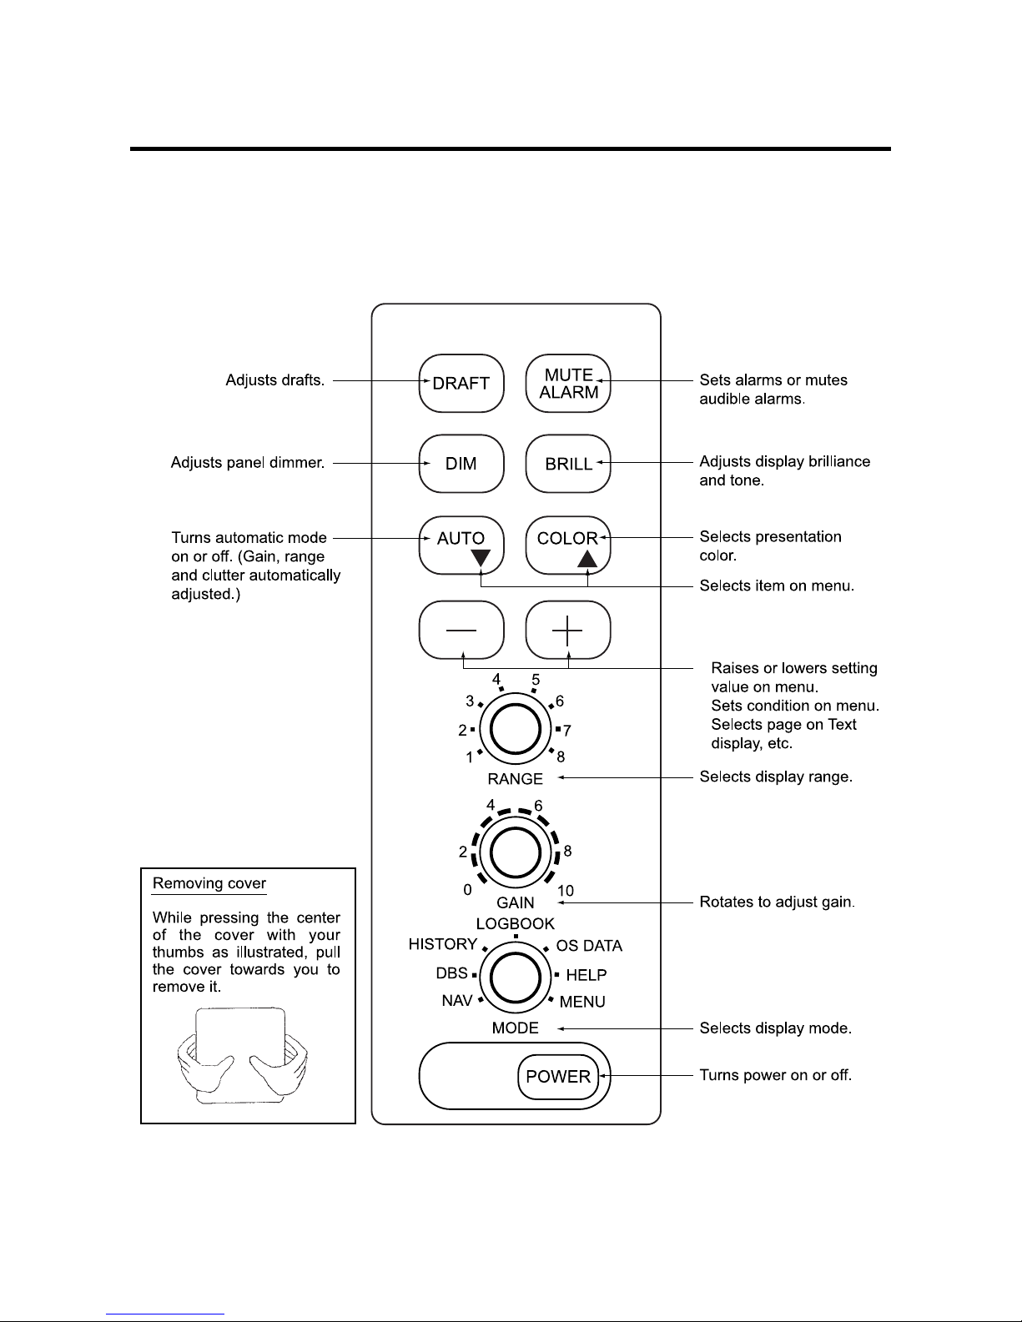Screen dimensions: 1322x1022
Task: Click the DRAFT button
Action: [461, 384]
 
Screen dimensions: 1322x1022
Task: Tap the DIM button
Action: [461, 464]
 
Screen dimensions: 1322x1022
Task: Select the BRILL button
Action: [568, 464]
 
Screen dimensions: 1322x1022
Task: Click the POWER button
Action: [558, 1076]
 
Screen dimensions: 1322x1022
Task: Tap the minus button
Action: [461, 631]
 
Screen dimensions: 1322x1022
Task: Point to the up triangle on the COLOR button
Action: [588, 558]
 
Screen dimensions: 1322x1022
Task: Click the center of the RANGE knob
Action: [515, 730]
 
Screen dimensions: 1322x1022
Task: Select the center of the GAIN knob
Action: [515, 853]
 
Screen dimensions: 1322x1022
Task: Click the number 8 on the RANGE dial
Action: [561, 757]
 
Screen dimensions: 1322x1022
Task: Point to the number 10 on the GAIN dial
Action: [565, 892]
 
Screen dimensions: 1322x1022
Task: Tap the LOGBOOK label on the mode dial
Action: [515, 924]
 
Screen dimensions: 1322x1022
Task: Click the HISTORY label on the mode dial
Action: [442, 944]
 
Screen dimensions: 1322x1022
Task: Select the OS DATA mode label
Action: [589, 946]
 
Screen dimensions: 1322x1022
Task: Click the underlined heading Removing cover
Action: [209, 883]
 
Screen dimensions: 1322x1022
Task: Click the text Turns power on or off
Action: [775, 1075]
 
